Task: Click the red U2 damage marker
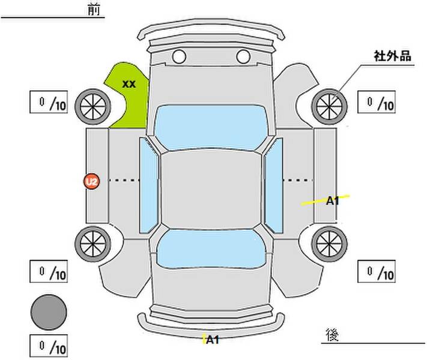(x=91, y=181)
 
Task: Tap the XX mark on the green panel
(x=129, y=84)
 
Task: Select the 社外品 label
(x=392, y=57)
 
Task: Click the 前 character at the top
(x=94, y=10)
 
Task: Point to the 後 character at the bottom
(x=331, y=334)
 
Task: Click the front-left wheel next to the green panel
(x=92, y=105)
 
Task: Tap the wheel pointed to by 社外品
(x=330, y=105)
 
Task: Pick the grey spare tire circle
(x=49, y=312)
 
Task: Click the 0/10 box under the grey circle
(x=49, y=346)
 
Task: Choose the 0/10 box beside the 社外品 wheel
(x=377, y=103)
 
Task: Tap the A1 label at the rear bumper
(x=213, y=340)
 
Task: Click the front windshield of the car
(x=210, y=127)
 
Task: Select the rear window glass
(x=210, y=248)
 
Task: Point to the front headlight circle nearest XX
(x=178, y=57)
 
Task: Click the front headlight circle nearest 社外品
(x=243, y=57)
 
